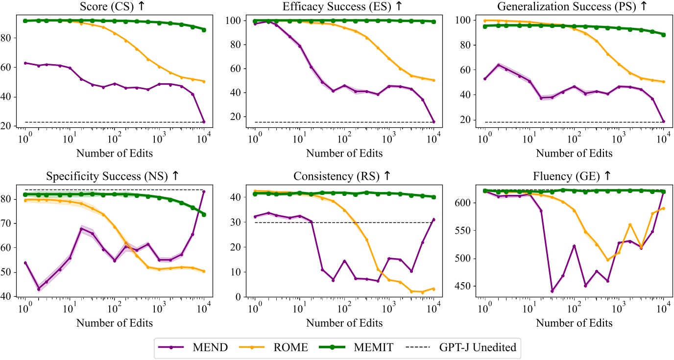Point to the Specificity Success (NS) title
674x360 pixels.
click(x=114, y=176)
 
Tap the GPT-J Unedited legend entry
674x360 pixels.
click(x=463, y=347)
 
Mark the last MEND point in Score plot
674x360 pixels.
click(x=204, y=121)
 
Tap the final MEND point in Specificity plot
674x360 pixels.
click(x=204, y=192)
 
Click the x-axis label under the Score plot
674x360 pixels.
click(x=114, y=153)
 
